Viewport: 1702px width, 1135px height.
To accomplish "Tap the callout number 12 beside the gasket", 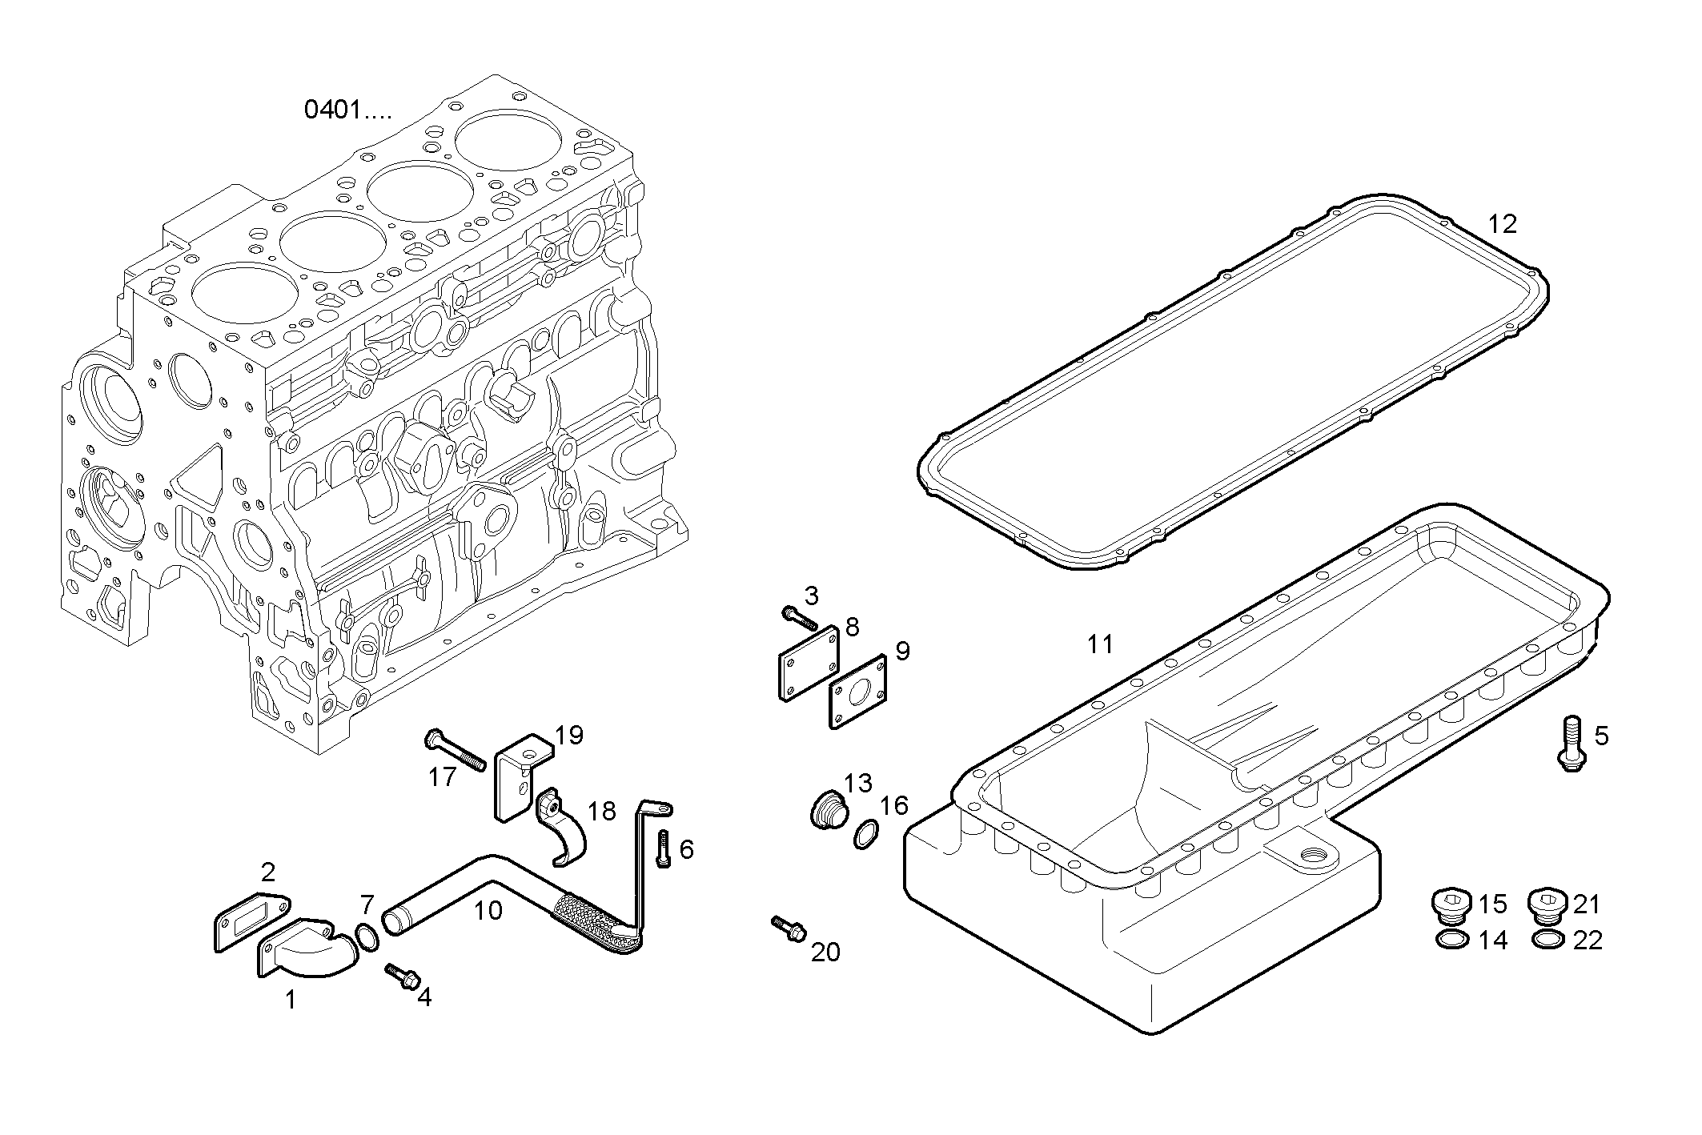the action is [1503, 224].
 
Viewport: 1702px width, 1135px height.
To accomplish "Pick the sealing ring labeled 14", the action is [1453, 940].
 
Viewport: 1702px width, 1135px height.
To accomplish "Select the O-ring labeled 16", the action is [864, 835].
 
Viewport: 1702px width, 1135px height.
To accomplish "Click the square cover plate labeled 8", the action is [809, 661].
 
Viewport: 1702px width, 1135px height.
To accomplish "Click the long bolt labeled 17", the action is [455, 750].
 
